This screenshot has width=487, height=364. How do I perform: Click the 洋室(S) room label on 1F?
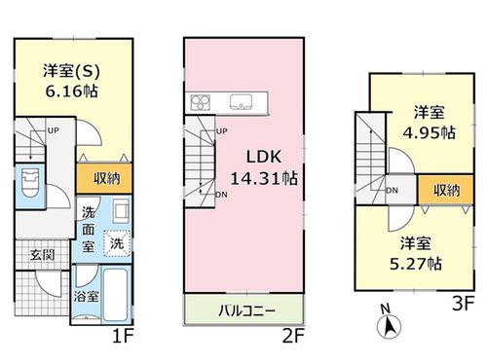pos(71,71)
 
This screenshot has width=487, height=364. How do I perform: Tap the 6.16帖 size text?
pos(71,91)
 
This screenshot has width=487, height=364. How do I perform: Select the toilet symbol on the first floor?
pos(29,184)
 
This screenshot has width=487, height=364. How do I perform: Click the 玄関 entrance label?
pos(42,255)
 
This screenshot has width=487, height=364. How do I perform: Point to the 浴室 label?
pos(86,296)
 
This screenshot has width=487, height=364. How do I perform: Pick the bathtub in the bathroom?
pos(115,295)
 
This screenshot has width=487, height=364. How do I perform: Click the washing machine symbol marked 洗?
pos(117,243)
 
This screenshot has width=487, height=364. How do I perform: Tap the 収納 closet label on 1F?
pos(107,178)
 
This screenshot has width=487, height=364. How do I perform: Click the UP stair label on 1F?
pos(54,130)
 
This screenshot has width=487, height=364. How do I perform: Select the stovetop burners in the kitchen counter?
pos(201,102)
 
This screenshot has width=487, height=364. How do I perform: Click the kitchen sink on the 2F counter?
pos(241,102)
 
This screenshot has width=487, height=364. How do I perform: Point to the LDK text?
pos(263,157)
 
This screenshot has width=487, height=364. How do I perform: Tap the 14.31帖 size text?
pos(264,178)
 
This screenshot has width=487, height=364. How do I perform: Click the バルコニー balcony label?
pos(246,311)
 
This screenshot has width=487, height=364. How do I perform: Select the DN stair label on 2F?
pos(221,195)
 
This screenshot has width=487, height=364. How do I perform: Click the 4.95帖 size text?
pos(429,132)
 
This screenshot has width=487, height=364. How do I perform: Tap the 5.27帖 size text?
pos(415,264)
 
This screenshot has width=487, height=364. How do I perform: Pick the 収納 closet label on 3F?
pos(447,190)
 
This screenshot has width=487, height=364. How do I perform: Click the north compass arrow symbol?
pos(390,326)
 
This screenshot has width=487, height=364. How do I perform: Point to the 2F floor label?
pos(293,337)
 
